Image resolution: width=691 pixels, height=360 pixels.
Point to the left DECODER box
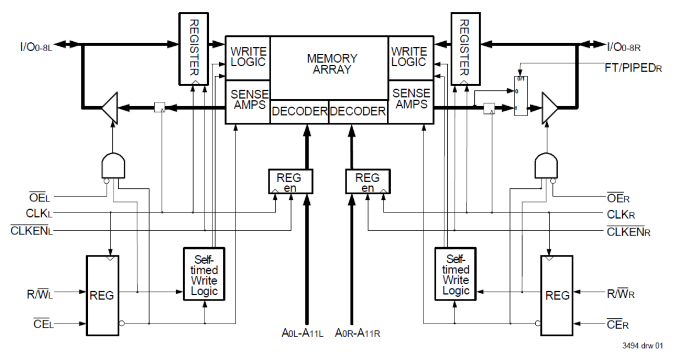pyautogui.click(x=299, y=112)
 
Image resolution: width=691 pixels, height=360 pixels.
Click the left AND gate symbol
pyautogui.click(x=113, y=166)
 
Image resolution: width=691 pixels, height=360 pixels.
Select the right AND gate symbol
pyautogui.click(x=546, y=166)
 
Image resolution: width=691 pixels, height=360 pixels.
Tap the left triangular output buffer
pyautogui.click(x=109, y=108)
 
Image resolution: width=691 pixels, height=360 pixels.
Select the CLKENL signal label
pyautogui.click(x=31, y=231)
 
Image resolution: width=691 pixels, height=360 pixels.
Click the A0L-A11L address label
pyautogui.click(x=300, y=332)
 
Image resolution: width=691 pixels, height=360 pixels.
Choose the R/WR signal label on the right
pyautogui.click(x=619, y=294)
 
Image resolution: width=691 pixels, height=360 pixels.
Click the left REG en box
pyautogui.click(x=290, y=182)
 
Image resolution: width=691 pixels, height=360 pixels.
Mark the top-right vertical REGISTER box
pyautogui.click(x=464, y=48)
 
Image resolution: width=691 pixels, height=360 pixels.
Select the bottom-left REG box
pyautogui.click(x=102, y=296)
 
